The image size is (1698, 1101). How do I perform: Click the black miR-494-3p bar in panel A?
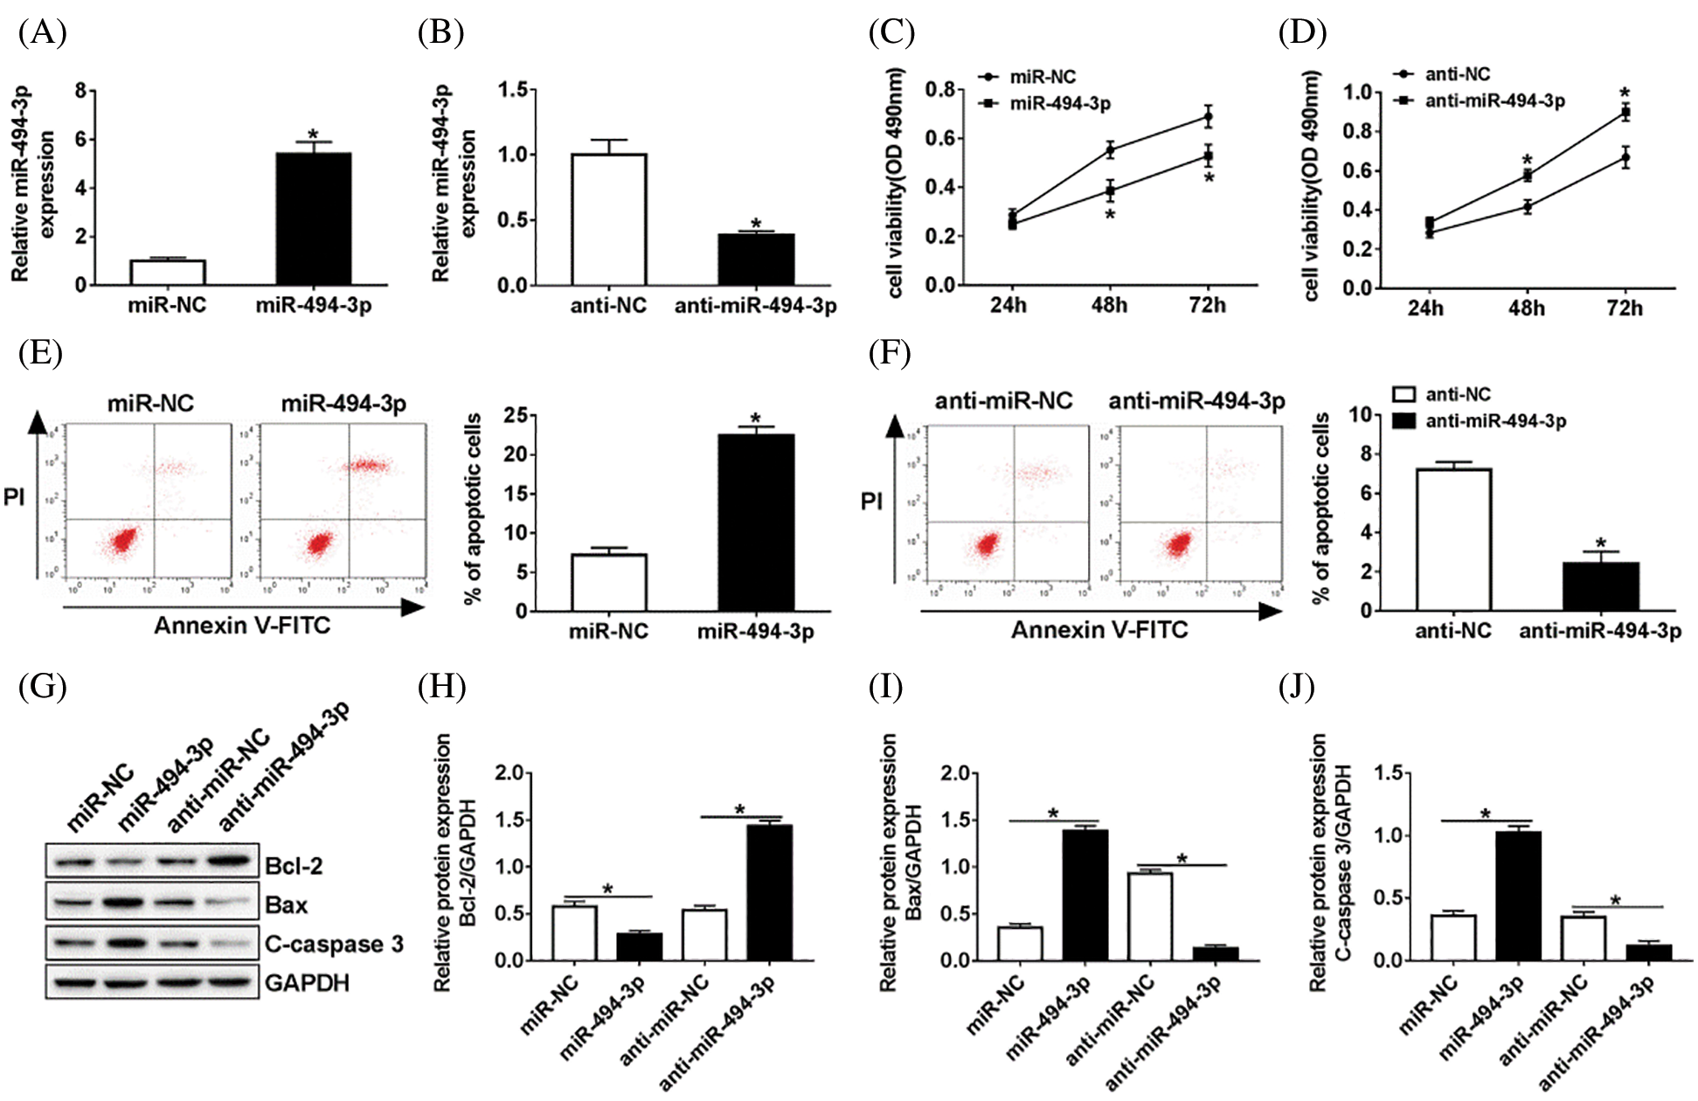pyautogui.click(x=314, y=218)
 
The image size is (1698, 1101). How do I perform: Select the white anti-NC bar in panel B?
pyautogui.click(x=609, y=219)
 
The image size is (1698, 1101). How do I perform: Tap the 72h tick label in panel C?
pyautogui.click(x=1207, y=306)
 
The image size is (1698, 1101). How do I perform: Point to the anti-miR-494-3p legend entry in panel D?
pyautogui.click(x=1494, y=101)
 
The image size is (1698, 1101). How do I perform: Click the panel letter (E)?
pyautogui.click(x=39, y=353)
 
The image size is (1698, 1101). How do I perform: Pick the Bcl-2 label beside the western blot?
pyautogui.click(x=294, y=866)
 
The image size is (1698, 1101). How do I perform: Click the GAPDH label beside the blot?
pyautogui.click(x=307, y=983)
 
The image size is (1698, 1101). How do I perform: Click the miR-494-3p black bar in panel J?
pyautogui.click(x=1518, y=896)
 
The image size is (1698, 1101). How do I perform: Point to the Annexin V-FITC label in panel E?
pyautogui.click(x=242, y=626)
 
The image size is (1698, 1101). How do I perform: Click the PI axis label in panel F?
pyautogui.click(x=871, y=502)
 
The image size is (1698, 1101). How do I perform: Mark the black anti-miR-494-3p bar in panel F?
pyautogui.click(x=1601, y=586)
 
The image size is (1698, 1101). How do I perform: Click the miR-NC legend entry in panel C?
pyautogui.click(x=1042, y=77)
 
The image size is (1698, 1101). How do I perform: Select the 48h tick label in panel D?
pyautogui.click(x=1526, y=308)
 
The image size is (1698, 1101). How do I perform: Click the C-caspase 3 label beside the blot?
pyautogui.click(x=334, y=945)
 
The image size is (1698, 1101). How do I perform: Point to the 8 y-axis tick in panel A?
pyautogui.click(x=80, y=91)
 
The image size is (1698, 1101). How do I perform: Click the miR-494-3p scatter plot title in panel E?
pyautogui.click(x=343, y=404)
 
